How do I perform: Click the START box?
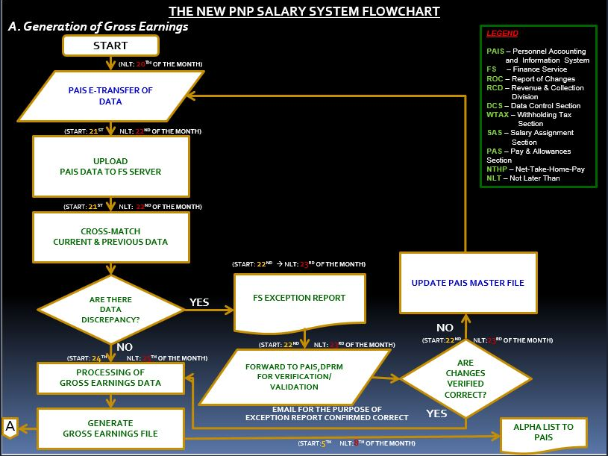(110, 46)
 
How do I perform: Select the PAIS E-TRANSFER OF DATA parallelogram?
(110, 96)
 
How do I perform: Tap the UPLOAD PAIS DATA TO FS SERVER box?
(110, 166)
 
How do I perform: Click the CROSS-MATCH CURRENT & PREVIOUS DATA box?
(110, 237)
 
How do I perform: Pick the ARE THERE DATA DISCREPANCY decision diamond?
(110, 309)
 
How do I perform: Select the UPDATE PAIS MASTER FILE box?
(468, 283)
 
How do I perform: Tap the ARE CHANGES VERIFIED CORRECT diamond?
(466, 378)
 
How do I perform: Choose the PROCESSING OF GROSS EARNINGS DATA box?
(110, 378)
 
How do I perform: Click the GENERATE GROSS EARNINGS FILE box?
(110, 428)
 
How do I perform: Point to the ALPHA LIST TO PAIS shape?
(543, 432)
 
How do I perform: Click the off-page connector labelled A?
(10, 427)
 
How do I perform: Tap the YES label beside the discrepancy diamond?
(200, 303)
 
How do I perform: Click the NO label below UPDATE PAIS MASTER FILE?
(445, 327)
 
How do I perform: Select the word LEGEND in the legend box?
(502, 34)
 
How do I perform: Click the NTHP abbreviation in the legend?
(496, 169)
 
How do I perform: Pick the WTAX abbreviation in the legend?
(498, 115)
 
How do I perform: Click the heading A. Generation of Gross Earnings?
(98, 26)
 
